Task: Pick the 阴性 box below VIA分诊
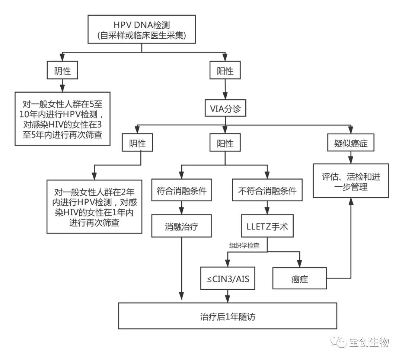(x=141, y=143)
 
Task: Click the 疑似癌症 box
(x=350, y=143)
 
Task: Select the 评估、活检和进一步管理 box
(x=350, y=180)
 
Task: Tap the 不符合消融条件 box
(x=267, y=191)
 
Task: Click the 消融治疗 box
(x=181, y=226)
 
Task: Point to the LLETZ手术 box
(x=267, y=226)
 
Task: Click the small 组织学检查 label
(x=244, y=245)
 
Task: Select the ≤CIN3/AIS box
(x=228, y=278)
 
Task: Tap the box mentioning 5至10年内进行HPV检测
(x=62, y=118)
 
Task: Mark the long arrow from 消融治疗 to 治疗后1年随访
(x=181, y=268)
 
